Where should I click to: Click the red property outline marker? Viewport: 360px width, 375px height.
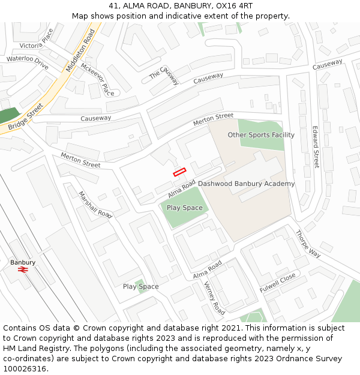(x=179, y=172)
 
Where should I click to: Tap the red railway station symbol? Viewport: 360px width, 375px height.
(x=23, y=271)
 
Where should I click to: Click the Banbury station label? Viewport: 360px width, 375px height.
(x=23, y=262)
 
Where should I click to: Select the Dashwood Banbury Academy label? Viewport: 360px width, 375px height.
(x=246, y=184)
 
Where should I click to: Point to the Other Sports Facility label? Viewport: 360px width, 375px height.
(x=261, y=135)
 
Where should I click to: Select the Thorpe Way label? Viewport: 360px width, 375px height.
(x=308, y=244)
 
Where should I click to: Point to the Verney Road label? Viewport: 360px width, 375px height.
(x=214, y=298)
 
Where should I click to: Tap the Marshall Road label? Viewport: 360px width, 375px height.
(x=95, y=205)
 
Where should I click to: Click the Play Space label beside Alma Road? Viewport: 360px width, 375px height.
(x=185, y=208)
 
